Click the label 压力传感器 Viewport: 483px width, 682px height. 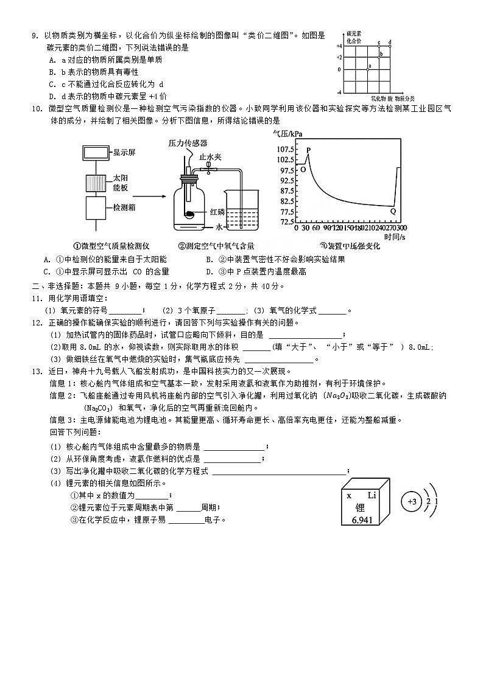[188, 142]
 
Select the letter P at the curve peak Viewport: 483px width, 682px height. [308, 150]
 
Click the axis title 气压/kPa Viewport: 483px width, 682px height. [287, 134]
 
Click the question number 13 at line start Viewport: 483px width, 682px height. [35, 371]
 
